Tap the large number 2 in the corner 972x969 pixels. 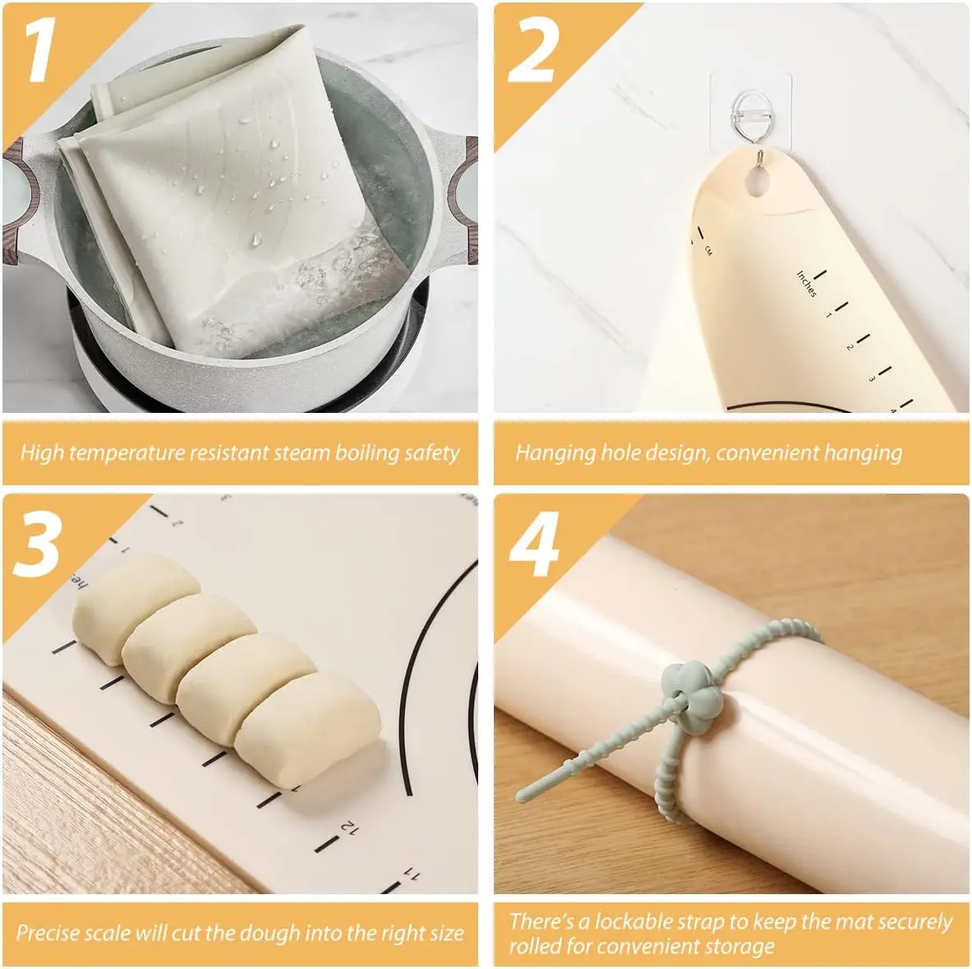click(533, 51)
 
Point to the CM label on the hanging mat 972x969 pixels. click(707, 251)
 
